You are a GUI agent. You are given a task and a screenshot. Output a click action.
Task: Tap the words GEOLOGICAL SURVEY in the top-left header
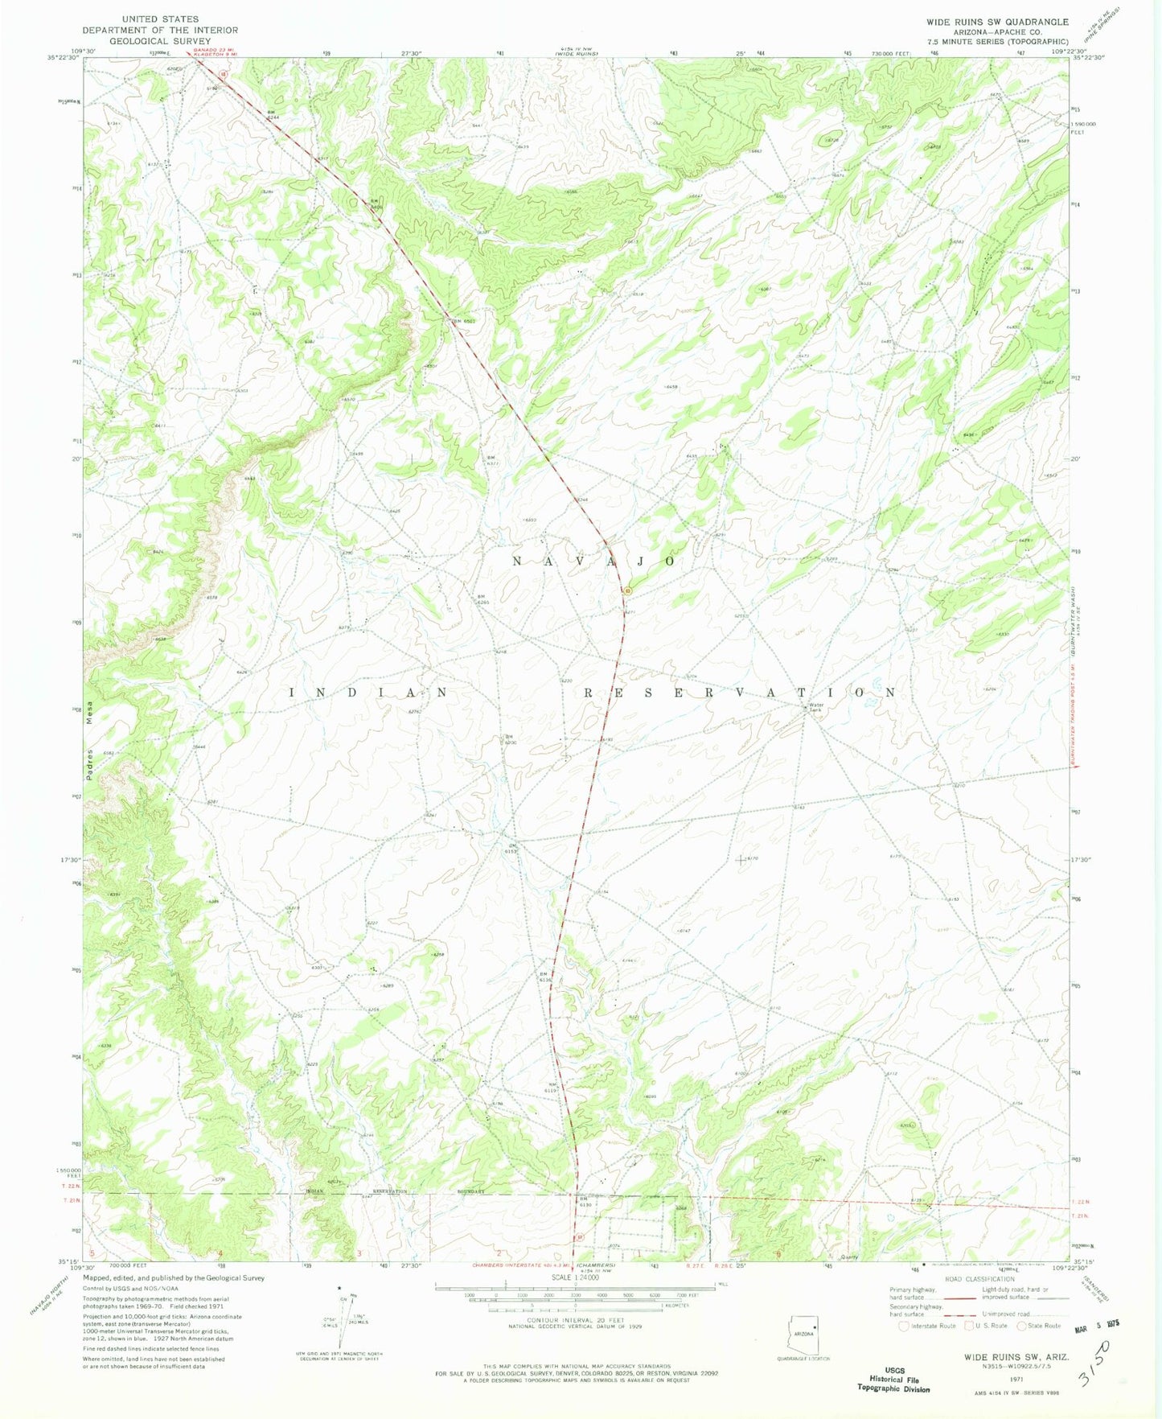click(x=160, y=41)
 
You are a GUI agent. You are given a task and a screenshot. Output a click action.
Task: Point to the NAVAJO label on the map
click(x=593, y=561)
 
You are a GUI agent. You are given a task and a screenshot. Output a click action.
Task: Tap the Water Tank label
click(x=815, y=708)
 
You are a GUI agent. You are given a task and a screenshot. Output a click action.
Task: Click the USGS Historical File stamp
click(x=894, y=1379)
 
